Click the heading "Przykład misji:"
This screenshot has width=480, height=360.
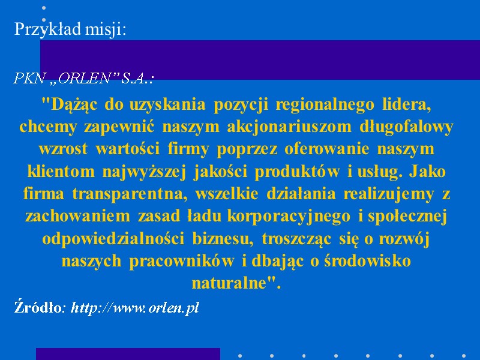[x=70, y=29]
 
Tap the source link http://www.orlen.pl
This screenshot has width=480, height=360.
[x=135, y=308]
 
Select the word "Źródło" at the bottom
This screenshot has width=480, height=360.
[x=37, y=308]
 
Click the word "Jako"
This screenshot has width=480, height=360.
[x=428, y=172]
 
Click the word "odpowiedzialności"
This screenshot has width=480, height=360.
[x=113, y=239]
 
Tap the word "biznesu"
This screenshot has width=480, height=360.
[x=221, y=239]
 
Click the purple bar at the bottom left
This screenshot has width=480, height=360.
[x=128, y=354]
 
